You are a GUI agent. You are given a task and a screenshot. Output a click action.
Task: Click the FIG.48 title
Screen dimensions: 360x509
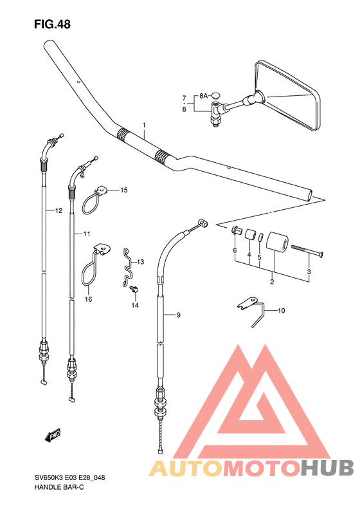point(52,24)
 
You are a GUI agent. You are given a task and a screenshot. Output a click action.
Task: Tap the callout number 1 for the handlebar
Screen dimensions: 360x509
point(144,125)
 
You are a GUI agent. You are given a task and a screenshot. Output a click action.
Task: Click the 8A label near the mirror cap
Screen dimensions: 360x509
point(203,96)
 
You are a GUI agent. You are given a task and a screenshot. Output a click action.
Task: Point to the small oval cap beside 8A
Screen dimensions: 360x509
point(215,95)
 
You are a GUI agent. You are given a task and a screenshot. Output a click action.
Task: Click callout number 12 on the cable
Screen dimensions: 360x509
point(59,210)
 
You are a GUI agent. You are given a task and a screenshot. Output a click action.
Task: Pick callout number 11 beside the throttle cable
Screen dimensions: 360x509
point(87,234)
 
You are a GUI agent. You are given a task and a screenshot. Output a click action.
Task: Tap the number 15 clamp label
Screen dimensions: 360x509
point(124,190)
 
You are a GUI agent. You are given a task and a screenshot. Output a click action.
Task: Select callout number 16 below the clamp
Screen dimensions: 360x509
point(89,299)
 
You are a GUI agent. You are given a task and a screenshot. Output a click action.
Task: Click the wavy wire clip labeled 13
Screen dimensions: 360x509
point(129,268)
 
